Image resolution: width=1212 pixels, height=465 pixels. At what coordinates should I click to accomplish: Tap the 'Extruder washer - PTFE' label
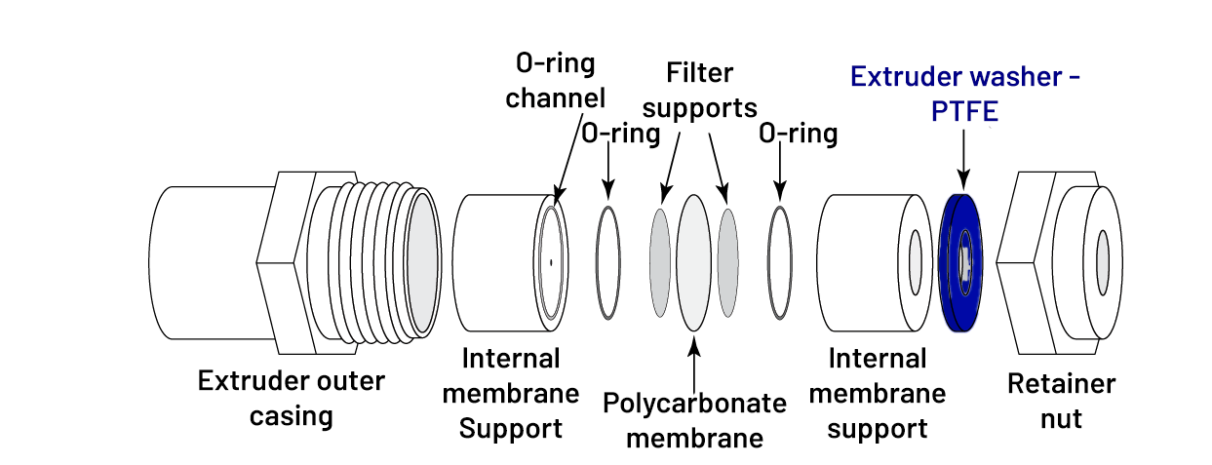964,93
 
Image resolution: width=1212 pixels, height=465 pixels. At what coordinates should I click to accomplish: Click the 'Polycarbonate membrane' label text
693,420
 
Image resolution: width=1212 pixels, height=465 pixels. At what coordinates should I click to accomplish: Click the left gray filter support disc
661,261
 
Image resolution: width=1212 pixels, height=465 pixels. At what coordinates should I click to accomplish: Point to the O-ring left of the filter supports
608,261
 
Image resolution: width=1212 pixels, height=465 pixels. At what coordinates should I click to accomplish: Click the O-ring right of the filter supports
780,261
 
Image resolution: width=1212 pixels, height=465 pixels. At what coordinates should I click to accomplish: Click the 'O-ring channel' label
556,80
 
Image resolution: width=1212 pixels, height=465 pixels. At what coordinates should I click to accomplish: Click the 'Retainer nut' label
1061,401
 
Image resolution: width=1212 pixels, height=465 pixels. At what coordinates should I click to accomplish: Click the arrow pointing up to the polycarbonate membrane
693,361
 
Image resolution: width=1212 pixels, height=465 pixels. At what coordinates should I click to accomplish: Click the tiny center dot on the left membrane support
550,261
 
